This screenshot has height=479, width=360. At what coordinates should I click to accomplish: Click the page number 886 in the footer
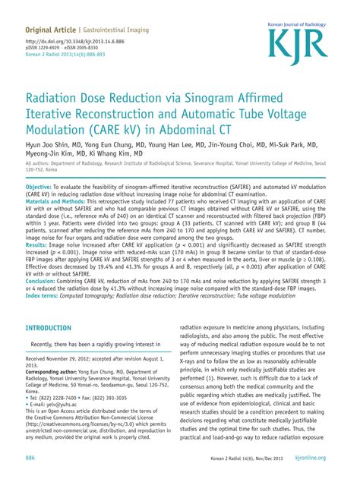pyautogui.click(x=30, y=459)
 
